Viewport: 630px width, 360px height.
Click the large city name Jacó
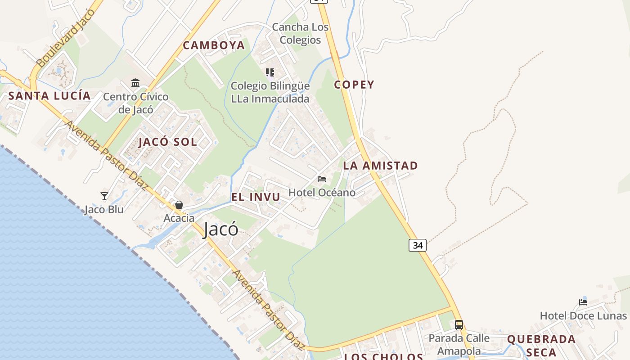pyautogui.click(x=220, y=229)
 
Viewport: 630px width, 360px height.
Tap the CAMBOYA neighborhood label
pyautogui.click(x=214, y=45)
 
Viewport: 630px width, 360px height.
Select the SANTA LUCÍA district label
pyautogui.click(x=49, y=95)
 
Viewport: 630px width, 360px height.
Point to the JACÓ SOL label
pyautogui.click(x=167, y=142)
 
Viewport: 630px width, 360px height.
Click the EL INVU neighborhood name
pyautogui.click(x=256, y=197)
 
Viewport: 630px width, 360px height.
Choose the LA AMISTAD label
pyautogui.click(x=380, y=166)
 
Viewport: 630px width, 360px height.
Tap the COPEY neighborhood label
pyautogui.click(x=354, y=85)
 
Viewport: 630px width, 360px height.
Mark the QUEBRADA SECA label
pyautogui.click(x=541, y=345)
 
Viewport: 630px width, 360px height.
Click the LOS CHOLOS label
pyautogui.click(x=383, y=356)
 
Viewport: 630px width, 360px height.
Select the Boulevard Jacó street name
pyautogui.click(x=66, y=38)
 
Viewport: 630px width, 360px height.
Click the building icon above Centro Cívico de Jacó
pyautogui.click(x=135, y=83)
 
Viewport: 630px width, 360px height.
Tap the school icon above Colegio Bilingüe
pyautogui.click(x=270, y=72)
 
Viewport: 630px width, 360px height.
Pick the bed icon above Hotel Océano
pyautogui.click(x=322, y=179)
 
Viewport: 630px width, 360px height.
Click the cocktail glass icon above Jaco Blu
pyautogui.click(x=104, y=196)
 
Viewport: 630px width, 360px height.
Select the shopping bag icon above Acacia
pyautogui.click(x=179, y=205)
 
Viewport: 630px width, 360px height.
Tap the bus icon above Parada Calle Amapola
pyautogui.click(x=459, y=324)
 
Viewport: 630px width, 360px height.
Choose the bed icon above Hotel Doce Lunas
pyautogui.click(x=583, y=302)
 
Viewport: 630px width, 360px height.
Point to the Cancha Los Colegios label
pyautogui.click(x=300, y=33)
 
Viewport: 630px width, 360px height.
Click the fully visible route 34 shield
pyautogui.click(x=418, y=245)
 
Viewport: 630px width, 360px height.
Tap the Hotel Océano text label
pyautogui.click(x=322, y=193)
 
